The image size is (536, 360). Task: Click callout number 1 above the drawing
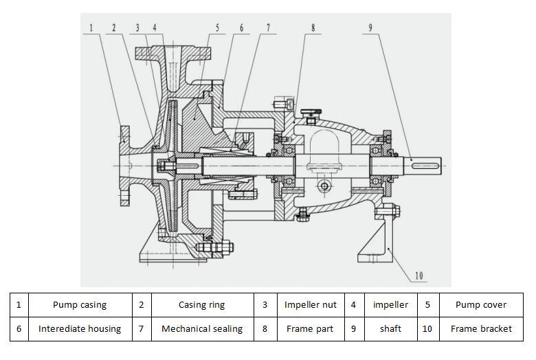[x=91, y=28]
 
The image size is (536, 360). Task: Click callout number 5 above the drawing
[x=216, y=28]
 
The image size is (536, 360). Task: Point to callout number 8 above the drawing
[x=313, y=28]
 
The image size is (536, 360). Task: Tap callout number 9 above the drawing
[x=370, y=28]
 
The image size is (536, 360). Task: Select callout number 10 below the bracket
[x=418, y=275]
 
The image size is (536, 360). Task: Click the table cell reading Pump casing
[x=80, y=304]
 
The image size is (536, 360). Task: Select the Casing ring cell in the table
[x=201, y=304]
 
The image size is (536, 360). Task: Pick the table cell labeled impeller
[x=390, y=304]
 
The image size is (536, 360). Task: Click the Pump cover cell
[x=481, y=304]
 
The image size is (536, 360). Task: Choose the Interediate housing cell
[x=80, y=328]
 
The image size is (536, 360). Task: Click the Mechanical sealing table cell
[x=201, y=328]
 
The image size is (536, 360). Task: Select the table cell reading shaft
[x=390, y=328]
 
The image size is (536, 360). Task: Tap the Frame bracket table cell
[x=481, y=328]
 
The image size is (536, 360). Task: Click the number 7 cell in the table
[x=141, y=328]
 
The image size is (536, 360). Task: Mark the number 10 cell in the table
[x=427, y=328]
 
